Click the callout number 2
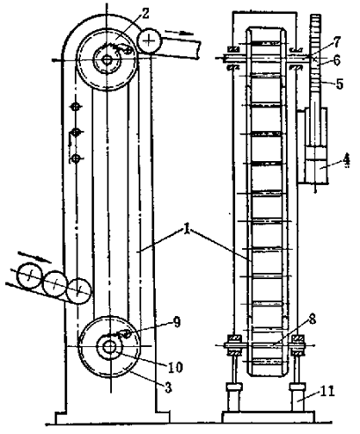point(145,13)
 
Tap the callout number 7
point(336,42)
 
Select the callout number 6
point(336,61)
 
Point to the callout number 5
point(340,85)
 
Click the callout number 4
point(347,160)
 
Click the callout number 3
point(168,387)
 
